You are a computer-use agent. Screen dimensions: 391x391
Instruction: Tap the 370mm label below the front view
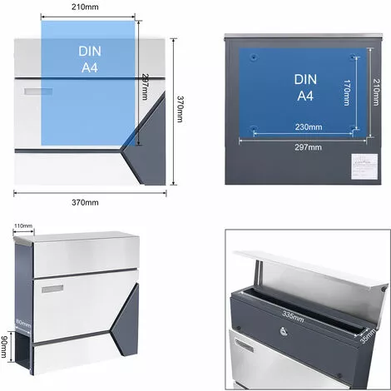(86, 201)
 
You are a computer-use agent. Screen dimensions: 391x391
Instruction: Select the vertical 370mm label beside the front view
(180, 109)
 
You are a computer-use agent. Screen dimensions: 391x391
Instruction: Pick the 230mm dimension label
(304, 127)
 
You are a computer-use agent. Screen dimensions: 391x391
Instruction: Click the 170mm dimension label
(346, 93)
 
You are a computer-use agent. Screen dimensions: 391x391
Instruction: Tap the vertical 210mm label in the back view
(376, 93)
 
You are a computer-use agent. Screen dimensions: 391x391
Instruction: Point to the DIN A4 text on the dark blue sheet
(304, 87)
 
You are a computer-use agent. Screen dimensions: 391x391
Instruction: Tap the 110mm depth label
(22, 225)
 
